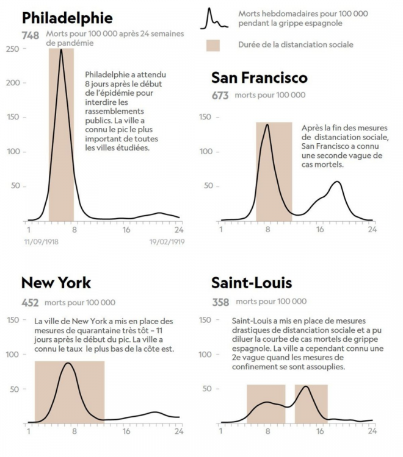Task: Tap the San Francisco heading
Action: point(260,78)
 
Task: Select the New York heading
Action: point(56,283)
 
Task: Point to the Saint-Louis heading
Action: point(252,283)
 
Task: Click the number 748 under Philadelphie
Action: point(31,36)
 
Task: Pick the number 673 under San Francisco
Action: point(220,96)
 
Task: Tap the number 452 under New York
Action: point(31,302)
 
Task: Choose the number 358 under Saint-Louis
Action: point(220,302)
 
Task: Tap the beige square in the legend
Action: point(214,45)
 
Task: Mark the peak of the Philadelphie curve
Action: point(61,49)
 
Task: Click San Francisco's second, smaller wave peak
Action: point(336,182)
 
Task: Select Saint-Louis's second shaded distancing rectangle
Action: point(311,403)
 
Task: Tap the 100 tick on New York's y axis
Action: point(13,354)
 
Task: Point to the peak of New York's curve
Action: point(68,363)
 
